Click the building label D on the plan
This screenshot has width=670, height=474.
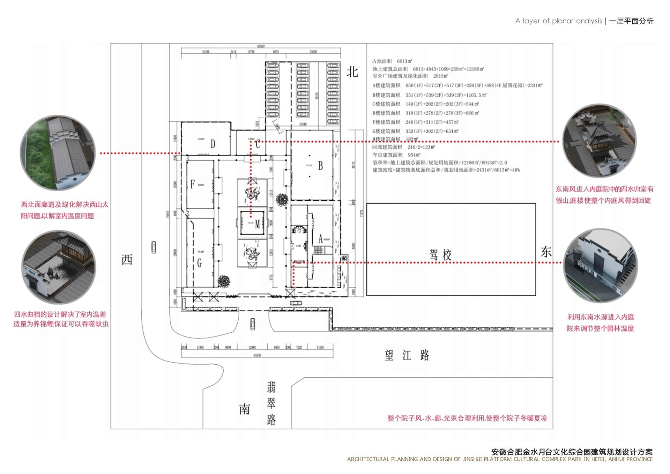213,144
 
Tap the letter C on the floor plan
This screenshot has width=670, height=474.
258,144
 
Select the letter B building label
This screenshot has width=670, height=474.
320,166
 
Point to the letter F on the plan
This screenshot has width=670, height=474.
192,184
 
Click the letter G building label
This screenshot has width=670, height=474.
199,263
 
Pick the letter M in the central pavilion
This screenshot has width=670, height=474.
257,224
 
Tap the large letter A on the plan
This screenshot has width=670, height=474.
320,239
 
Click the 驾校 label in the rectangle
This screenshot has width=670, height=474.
440,254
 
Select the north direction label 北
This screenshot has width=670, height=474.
352,72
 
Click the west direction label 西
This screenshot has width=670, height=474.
127,260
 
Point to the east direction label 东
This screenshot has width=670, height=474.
546,252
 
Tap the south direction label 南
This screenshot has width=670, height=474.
244,409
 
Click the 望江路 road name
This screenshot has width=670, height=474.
407,355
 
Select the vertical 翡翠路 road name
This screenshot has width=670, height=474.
271,403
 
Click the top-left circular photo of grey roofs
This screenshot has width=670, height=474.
58,153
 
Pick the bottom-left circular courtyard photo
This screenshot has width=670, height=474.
58,267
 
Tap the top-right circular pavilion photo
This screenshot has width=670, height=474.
599,141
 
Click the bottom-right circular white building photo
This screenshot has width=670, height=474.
600,265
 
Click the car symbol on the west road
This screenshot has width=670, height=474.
154,247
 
